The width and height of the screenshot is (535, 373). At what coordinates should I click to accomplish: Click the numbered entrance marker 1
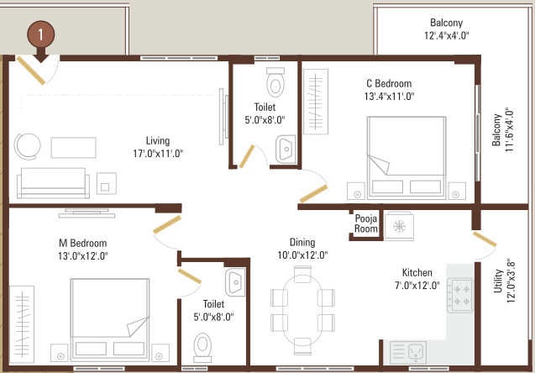41,35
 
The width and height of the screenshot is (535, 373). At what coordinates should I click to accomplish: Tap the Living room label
158,140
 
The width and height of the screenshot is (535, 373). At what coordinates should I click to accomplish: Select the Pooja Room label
366,223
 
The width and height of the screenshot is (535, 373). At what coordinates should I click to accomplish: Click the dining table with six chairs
302,310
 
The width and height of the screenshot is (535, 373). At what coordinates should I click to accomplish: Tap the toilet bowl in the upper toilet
275,81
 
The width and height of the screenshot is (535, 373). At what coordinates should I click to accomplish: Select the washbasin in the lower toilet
235,282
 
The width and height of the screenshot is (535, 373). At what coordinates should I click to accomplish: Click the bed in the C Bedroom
406,158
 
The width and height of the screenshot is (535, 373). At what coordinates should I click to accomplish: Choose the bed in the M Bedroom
110,320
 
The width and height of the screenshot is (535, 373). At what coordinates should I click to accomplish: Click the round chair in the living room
27,146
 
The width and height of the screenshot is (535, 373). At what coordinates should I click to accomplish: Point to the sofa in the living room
53,183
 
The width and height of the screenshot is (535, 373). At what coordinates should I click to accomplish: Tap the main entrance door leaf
31,71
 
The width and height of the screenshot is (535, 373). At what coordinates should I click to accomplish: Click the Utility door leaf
485,239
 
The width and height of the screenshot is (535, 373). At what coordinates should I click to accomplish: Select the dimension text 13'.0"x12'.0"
83,256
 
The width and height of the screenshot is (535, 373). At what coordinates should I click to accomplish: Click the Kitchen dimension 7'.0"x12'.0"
417,286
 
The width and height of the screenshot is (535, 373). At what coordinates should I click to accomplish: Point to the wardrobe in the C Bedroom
316,102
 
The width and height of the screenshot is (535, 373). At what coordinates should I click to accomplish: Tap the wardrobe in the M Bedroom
22,324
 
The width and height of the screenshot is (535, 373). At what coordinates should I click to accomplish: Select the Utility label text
499,281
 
